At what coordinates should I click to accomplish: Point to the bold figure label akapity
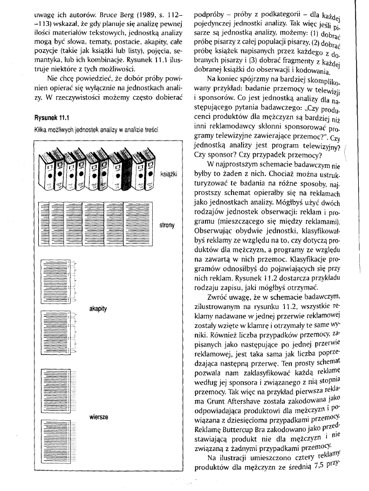(x=99, y=308)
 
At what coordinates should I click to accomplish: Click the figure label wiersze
(x=99, y=417)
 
